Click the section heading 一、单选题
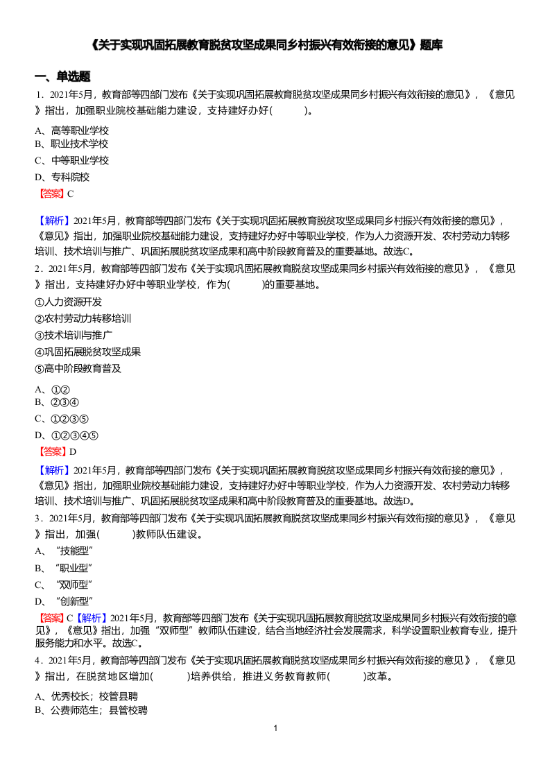[x=62, y=76]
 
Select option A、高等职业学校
[x=71, y=130]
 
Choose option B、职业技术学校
[x=71, y=144]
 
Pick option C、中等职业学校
[x=71, y=160]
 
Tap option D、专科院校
[x=62, y=177]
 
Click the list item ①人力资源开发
[x=68, y=302]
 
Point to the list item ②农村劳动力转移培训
[x=83, y=318]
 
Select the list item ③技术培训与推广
[x=73, y=335]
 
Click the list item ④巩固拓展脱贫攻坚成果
[x=87, y=352]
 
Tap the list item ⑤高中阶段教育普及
[x=78, y=368]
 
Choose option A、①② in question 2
[x=52, y=390]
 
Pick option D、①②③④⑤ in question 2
[x=67, y=435]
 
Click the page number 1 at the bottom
[x=275, y=728]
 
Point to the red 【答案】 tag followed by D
[x=53, y=451]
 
